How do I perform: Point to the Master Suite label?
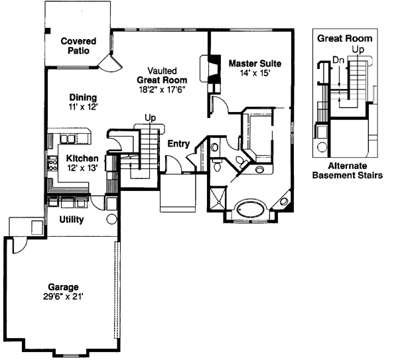point(255,64)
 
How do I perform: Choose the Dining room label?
point(81,96)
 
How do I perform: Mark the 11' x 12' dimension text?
point(81,106)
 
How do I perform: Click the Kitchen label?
point(82,158)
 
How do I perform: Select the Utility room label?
point(71,219)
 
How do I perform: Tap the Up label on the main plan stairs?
point(150,118)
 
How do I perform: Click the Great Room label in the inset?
point(344,38)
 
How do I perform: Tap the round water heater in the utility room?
point(111,219)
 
